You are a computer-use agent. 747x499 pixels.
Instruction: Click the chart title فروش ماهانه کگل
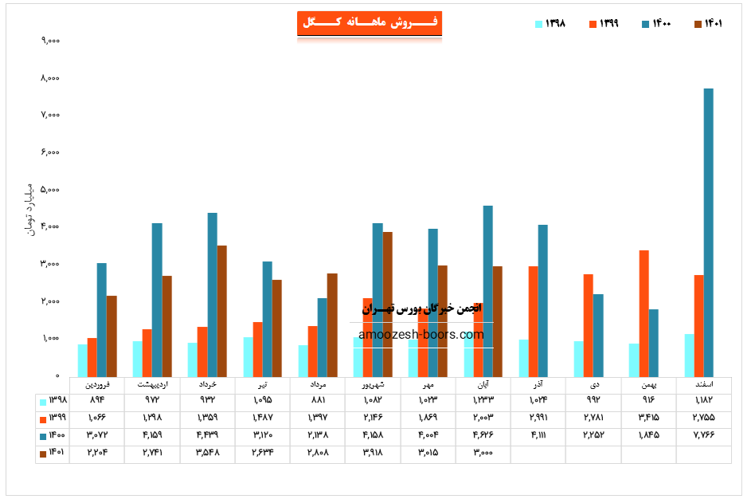[x=369, y=23]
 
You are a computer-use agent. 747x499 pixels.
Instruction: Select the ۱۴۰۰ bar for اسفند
[x=708, y=231]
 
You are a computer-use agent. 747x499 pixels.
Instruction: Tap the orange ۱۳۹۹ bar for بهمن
[x=643, y=313]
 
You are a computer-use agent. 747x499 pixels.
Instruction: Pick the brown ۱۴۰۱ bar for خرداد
[x=222, y=311]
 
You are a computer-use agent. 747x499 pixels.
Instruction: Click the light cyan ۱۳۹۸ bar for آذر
[x=523, y=358]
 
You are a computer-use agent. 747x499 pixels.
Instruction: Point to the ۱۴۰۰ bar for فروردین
[x=102, y=320]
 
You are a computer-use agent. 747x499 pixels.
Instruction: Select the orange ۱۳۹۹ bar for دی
[x=588, y=325]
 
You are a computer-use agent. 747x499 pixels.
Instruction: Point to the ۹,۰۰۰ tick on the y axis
[x=51, y=41]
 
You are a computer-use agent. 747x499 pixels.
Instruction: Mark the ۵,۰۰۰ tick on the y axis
[x=51, y=190]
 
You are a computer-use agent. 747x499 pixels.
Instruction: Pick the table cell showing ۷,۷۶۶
[x=704, y=435]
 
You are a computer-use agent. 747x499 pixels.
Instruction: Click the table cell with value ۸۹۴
[x=96, y=399]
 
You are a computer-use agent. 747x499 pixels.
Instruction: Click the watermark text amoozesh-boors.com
[x=421, y=335]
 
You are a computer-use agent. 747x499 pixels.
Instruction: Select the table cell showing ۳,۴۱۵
[x=649, y=418]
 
